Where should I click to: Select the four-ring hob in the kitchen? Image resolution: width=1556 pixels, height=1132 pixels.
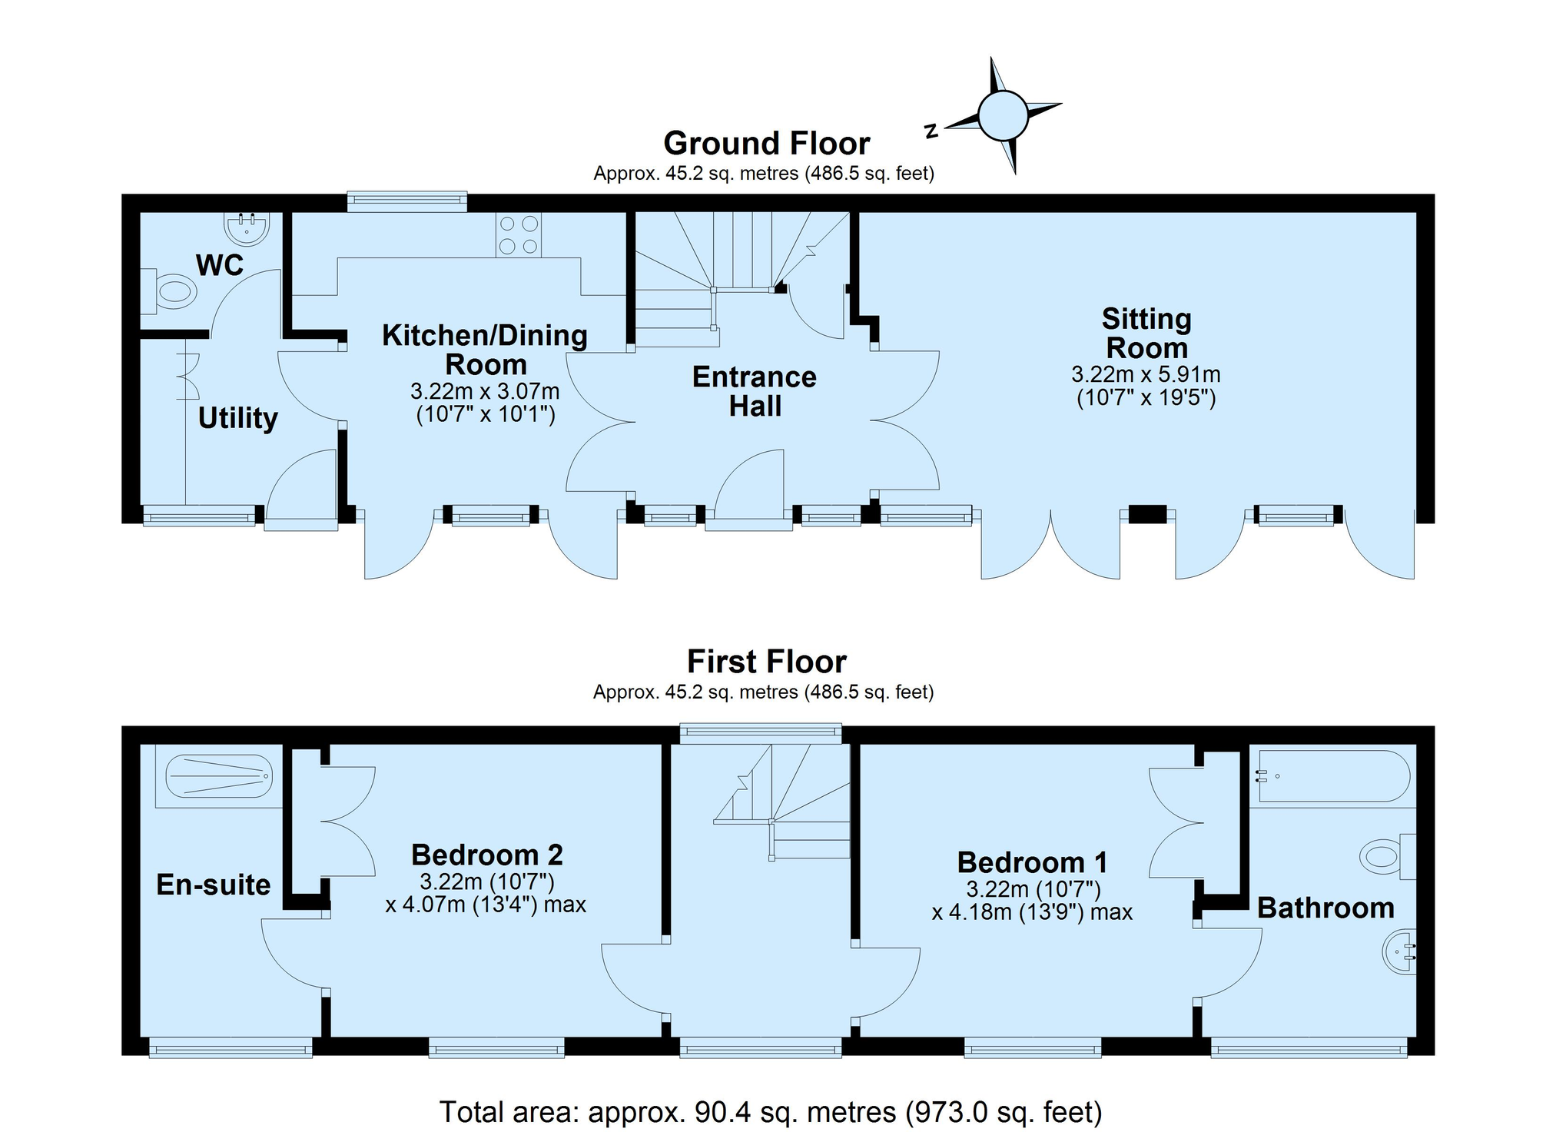point(519,235)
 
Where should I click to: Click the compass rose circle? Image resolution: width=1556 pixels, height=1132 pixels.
point(1003,116)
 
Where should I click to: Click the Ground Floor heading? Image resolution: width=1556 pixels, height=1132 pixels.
point(766,144)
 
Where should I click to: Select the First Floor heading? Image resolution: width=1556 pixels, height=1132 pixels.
point(766,662)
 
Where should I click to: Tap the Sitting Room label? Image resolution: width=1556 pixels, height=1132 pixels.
point(1146,334)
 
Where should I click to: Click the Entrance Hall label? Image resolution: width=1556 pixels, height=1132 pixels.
point(754,391)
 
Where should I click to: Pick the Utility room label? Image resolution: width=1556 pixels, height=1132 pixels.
point(237,419)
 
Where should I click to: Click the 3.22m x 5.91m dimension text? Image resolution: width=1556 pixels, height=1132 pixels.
point(1146,374)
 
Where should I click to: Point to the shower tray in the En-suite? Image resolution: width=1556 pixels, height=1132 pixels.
point(219,775)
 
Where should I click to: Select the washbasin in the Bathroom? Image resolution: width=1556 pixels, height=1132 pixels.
point(1400,953)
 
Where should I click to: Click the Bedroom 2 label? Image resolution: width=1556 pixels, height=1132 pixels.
point(487,855)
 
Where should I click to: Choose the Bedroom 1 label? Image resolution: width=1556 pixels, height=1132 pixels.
point(1032,862)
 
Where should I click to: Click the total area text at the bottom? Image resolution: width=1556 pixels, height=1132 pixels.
point(770,1112)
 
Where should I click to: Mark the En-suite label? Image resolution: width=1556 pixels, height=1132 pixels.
point(213,885)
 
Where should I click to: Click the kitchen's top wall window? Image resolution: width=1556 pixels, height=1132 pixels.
point(406,201)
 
